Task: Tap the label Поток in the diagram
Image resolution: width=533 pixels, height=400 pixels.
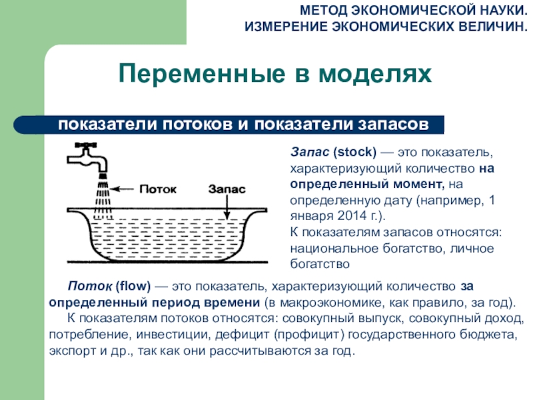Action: (x=158, y=189)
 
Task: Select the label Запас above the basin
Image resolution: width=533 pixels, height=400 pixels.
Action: (x=227, y=189)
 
